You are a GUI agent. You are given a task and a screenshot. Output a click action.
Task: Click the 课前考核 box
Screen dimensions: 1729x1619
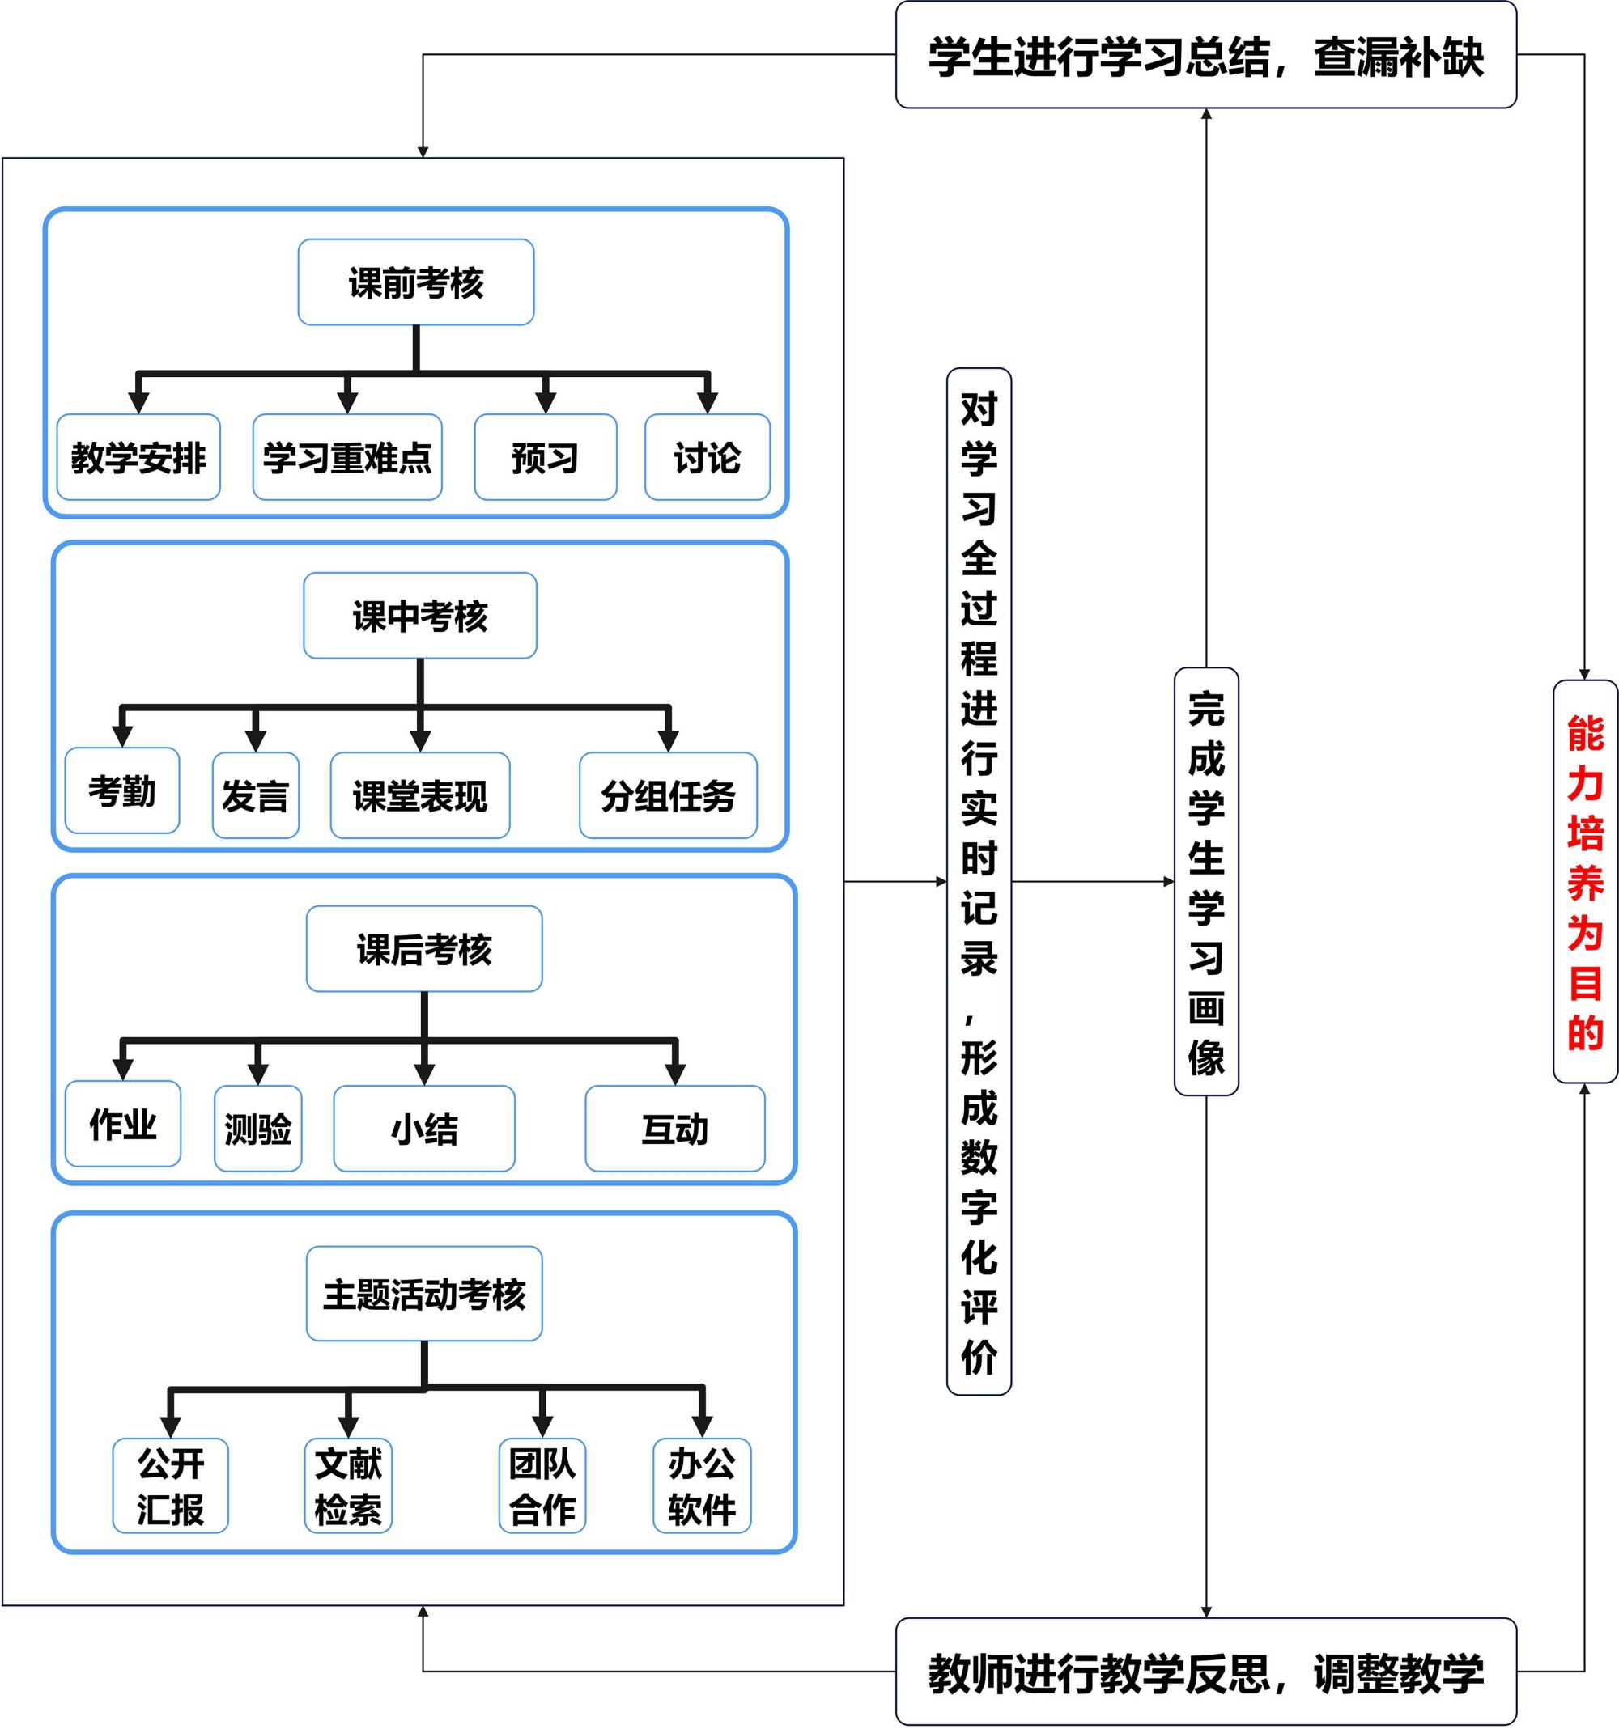click(x=416, y=282)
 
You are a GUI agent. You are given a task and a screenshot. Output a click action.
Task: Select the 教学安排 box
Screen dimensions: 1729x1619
click(x=138, y=457)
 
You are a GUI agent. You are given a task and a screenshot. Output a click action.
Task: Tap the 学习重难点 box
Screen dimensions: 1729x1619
click(x=347, y=457)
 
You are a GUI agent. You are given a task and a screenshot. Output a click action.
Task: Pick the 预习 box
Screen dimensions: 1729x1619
click(x=546, y=457)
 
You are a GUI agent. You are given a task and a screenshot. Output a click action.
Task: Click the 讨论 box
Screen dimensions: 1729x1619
click(x=708, y=457)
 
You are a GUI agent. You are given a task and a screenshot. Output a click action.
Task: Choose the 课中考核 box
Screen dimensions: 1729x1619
click(x=420, y=616)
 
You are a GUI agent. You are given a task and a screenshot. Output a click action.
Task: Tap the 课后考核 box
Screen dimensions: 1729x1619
click(x=424, y=949)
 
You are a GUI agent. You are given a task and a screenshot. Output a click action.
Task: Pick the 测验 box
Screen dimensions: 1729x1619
click(x=258, y=1129)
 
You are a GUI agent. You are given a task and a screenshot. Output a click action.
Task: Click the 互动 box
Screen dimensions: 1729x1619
click(x=675, y=1129)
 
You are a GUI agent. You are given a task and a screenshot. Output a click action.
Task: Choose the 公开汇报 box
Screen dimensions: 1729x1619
click(x=171, y=1485)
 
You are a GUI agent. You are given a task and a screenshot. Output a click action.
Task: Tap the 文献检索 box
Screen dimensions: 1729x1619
click(x=348, y=1485)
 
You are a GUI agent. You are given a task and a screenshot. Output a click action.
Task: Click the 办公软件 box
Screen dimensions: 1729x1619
click(x=702, y=1485)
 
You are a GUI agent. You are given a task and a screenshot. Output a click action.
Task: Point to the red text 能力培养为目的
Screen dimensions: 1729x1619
click(x=1585, y=882)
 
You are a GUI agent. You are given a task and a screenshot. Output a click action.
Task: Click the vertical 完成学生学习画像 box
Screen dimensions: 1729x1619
click(x=1206, y=882)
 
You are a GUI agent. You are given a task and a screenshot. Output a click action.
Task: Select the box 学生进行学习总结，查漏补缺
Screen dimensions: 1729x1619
click(x=1206, y=56)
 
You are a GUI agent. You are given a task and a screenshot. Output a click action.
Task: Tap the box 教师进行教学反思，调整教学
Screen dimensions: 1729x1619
click(x=1206, y=1672)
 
